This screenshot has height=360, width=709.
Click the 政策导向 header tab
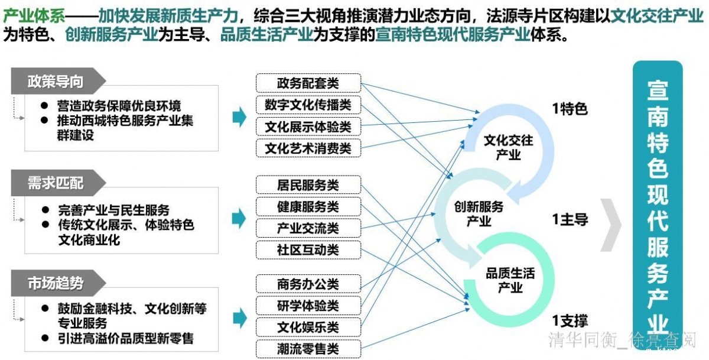57,82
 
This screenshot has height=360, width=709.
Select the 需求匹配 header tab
57,183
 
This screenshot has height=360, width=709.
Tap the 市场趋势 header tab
57,284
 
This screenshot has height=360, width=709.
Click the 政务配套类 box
308,83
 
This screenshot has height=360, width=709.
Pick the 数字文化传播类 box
308,105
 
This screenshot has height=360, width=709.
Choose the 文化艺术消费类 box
308,148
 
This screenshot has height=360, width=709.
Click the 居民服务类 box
308,185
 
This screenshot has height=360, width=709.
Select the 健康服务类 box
308,207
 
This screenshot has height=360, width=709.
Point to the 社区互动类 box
308,250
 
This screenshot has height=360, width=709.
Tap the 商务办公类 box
308,284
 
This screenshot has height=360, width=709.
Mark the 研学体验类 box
308,306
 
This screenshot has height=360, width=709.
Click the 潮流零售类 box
308,349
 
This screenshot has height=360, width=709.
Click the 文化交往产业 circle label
508,148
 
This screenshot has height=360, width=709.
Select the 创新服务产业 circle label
479,214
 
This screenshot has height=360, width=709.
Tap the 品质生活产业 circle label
510,280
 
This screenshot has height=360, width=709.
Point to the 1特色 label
570,109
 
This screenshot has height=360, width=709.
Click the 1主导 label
570,220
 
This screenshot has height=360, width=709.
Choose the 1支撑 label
570,321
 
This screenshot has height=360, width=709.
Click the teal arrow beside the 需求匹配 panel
239,218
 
